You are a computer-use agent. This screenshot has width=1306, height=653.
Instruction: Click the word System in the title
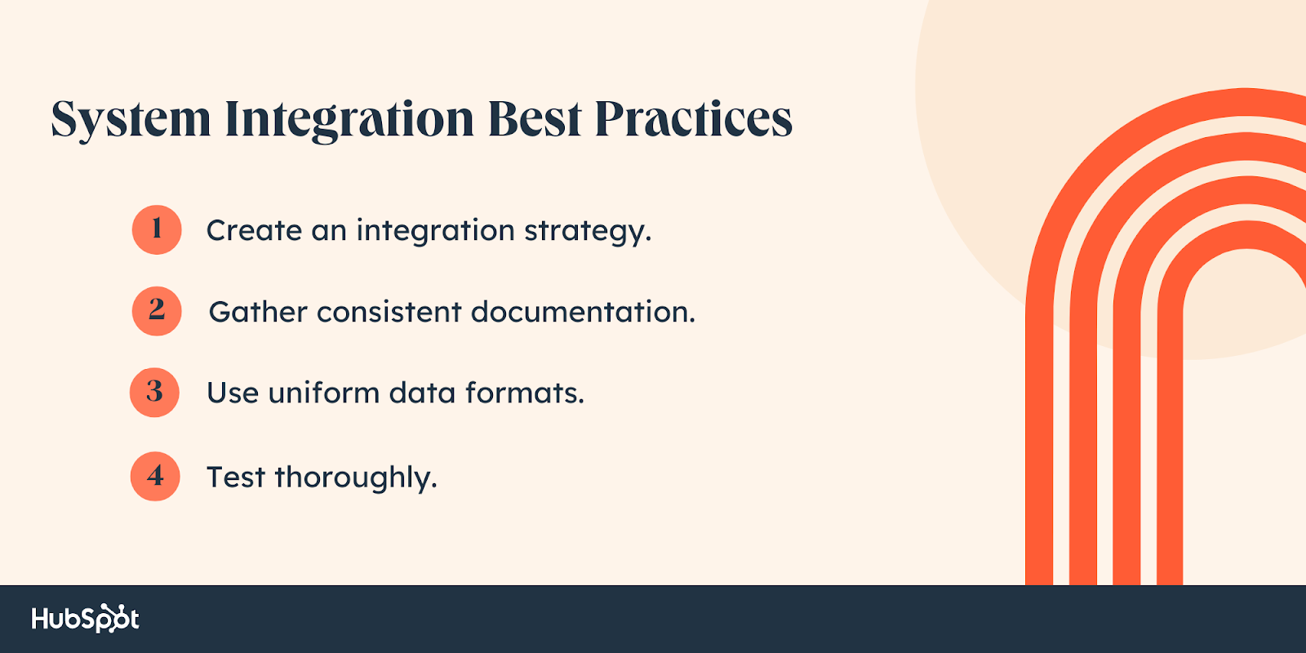(131, 120)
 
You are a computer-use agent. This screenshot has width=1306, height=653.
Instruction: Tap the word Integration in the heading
(349, 120)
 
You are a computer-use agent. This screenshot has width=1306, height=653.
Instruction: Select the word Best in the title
(535, 119)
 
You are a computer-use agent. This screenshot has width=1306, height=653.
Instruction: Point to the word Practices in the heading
(693, 119)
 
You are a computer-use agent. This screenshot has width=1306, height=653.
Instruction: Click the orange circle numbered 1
(157, 229)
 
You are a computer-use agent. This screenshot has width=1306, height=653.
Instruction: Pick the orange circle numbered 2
(157, 311)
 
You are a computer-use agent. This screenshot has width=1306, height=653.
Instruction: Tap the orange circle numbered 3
(155, 393)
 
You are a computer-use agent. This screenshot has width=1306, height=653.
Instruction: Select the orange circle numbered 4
(155, 476)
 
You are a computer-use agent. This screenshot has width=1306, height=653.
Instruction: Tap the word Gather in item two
(258, 312)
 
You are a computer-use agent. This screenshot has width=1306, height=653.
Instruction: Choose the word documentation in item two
(582, 312)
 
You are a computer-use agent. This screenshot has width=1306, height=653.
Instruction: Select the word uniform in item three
(323, 393)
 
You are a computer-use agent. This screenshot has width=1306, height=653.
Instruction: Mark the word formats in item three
(524, 393)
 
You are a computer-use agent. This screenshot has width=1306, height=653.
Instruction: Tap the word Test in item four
(235, 477)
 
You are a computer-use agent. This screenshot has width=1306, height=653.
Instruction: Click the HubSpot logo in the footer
(85, 619)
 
